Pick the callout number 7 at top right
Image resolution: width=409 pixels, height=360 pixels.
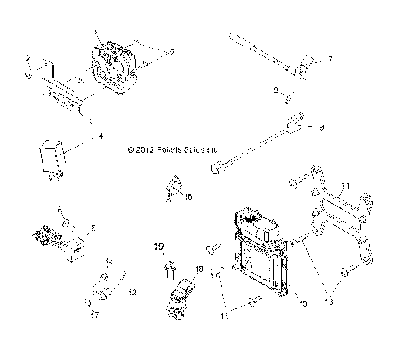pos(331,59)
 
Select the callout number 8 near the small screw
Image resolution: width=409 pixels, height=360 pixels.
pos(276,90)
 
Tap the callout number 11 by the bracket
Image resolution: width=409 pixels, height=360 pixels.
pos(345,185)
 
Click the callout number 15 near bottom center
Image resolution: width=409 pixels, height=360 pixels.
pos(224,315)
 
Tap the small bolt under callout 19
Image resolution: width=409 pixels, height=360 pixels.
pos(169,271)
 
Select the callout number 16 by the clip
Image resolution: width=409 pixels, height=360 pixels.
pos(188,196)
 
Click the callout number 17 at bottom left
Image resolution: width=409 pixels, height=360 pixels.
pos(95,315)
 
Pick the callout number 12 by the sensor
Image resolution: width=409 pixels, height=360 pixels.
pos(132,293)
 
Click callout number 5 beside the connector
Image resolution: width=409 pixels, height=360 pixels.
pos(93,229)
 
